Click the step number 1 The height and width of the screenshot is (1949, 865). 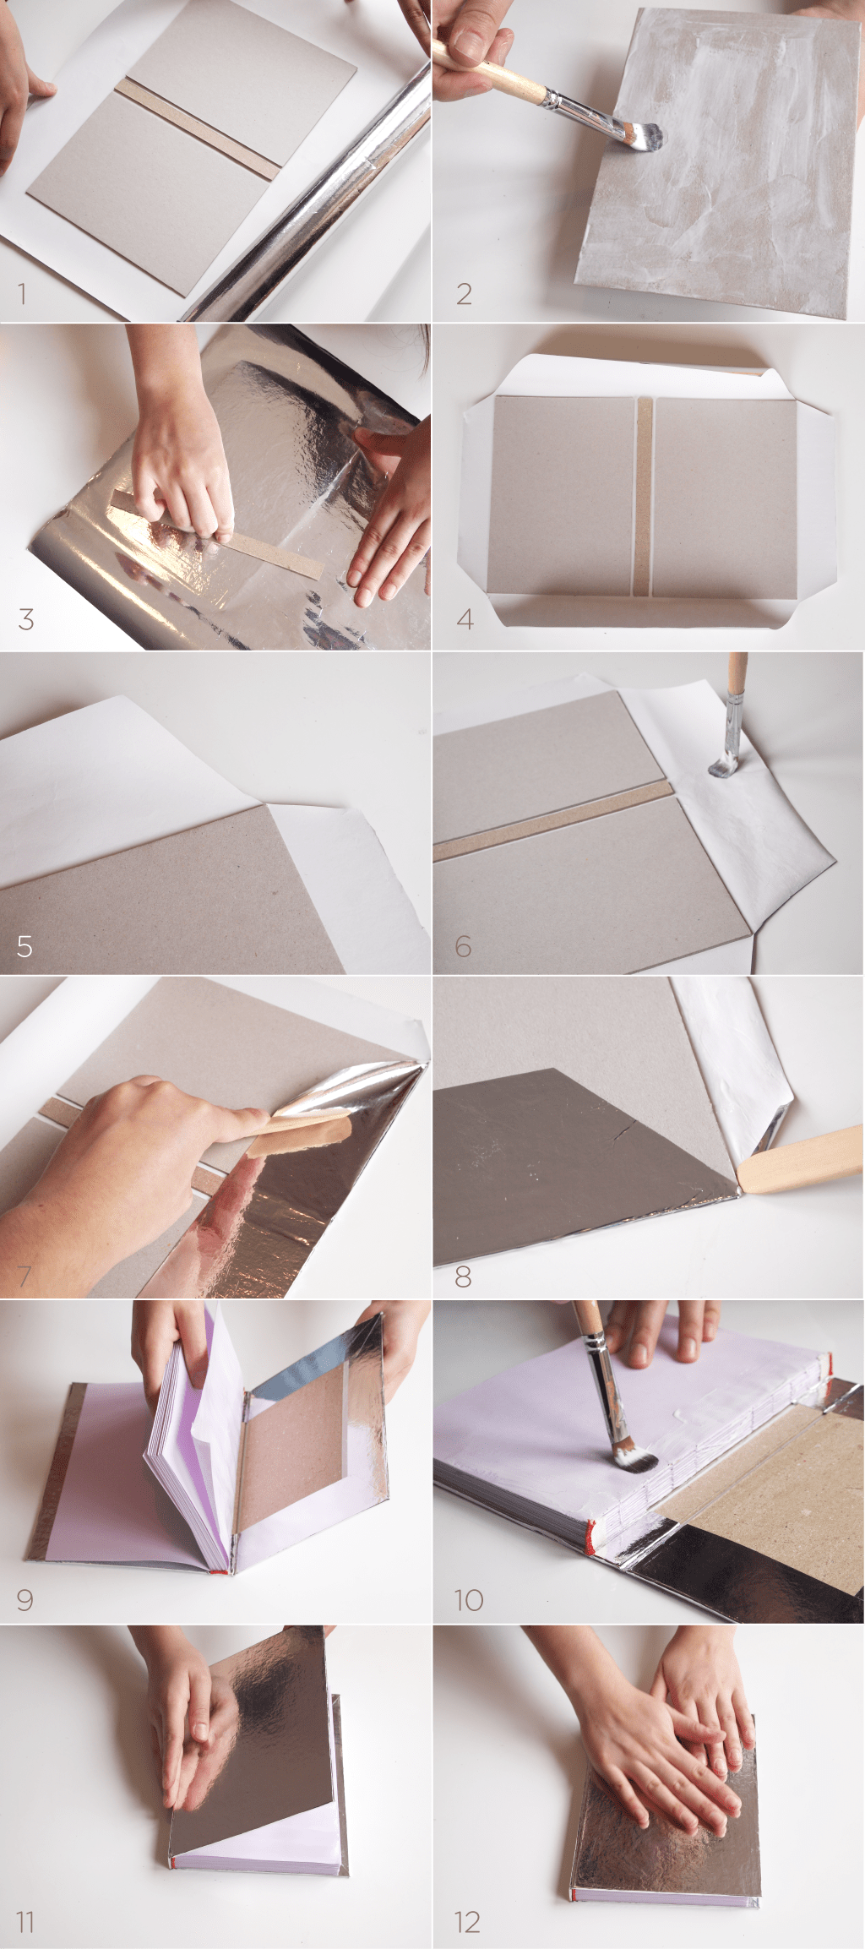(22, 294)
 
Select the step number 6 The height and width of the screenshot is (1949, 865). (463, 946)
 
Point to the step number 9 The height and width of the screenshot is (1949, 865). (24, 1599)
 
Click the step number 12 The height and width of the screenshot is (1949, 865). (467, 1923)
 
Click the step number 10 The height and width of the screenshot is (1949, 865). (469, 1599)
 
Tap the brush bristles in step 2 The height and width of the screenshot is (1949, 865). (645, 136)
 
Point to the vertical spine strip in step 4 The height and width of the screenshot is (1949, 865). (645, 497)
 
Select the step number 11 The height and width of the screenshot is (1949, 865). (24, 1923)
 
